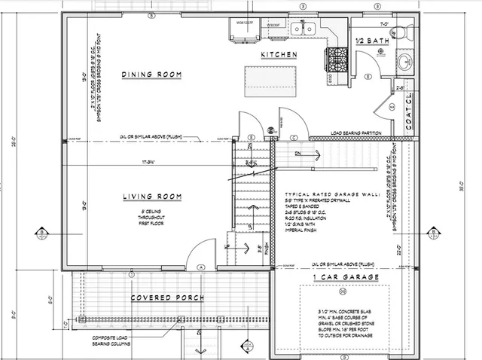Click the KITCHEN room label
[279, 56]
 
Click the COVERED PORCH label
[168, 298]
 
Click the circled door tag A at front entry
[201, 267]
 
